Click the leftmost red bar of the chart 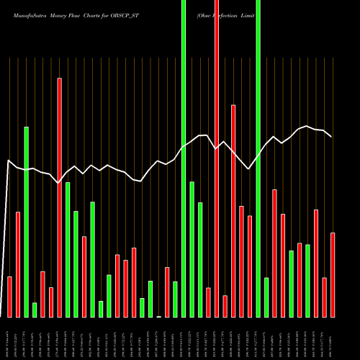(10, 297)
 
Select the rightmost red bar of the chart (332, 274)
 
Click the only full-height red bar (216, 158)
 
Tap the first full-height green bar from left (184, 158)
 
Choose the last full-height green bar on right (258, 158)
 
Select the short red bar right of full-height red (225, 306)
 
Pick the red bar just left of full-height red (208, 302)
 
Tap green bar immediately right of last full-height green (266, 297)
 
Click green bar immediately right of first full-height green (192, 249)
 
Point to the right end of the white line (331, 136)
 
